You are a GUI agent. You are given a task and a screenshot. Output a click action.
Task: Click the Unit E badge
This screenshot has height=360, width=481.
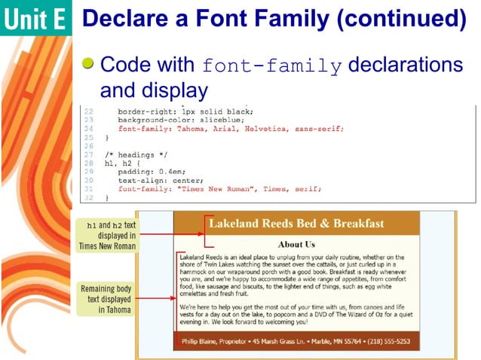35,19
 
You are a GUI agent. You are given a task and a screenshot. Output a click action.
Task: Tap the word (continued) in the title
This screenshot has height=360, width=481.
400,18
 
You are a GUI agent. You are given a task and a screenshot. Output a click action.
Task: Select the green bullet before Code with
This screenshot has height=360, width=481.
89,65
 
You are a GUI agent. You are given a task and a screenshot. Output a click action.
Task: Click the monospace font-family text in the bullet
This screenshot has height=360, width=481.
271,66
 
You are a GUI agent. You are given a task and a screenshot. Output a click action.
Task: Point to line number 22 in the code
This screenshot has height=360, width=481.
88,111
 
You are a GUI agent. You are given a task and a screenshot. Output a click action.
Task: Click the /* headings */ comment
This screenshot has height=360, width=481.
135,154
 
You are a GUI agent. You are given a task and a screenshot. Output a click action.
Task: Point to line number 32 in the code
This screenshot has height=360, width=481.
88,197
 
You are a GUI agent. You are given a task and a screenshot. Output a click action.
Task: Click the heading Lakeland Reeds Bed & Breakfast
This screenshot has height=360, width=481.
296,224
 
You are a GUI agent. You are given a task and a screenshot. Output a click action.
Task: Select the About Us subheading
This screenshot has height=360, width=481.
296,244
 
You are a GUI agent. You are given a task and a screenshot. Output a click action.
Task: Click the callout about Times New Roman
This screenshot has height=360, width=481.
107,235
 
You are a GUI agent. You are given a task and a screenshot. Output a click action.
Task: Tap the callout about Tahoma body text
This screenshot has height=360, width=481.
106,298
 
